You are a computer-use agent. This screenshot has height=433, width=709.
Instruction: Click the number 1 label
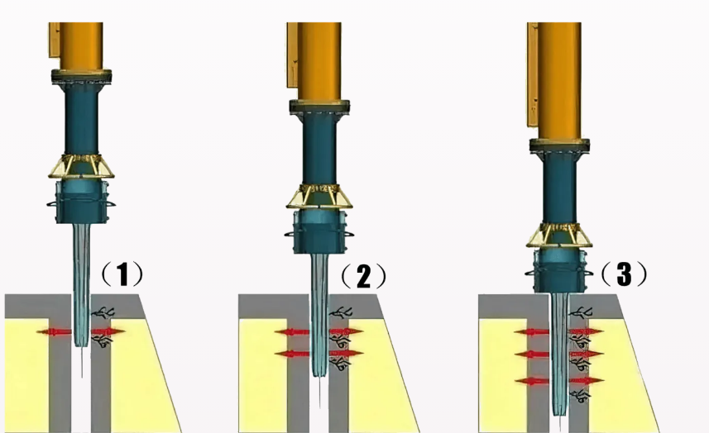122,274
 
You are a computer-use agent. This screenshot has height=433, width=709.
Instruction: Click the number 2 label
363,276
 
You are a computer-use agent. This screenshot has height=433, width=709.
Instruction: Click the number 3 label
624,274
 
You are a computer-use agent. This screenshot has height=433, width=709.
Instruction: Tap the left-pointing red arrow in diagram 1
55,332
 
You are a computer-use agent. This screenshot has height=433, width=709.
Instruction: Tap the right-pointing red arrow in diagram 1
108,332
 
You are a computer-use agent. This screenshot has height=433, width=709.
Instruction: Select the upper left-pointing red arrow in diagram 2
292,332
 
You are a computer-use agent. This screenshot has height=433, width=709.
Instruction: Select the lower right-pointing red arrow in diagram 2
346,353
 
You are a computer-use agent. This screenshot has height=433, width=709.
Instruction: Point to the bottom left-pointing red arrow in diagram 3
532,382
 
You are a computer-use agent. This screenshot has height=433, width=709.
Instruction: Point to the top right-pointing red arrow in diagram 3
586,332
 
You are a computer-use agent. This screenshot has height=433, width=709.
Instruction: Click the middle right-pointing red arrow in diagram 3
586,354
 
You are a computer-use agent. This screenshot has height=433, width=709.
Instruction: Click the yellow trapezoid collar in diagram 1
81,166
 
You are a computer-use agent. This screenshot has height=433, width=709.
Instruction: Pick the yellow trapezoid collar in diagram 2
319,196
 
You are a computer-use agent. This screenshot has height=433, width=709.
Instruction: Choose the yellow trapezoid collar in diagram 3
559,236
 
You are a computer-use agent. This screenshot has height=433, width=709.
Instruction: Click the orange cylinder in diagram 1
81,46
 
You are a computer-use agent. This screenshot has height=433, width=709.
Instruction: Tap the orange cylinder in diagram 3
559,80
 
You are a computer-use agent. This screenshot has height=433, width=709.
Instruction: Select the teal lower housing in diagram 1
82,202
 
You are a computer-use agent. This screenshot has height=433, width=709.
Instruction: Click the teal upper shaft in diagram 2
319,149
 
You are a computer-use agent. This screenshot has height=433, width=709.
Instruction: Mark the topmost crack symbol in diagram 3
581,312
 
